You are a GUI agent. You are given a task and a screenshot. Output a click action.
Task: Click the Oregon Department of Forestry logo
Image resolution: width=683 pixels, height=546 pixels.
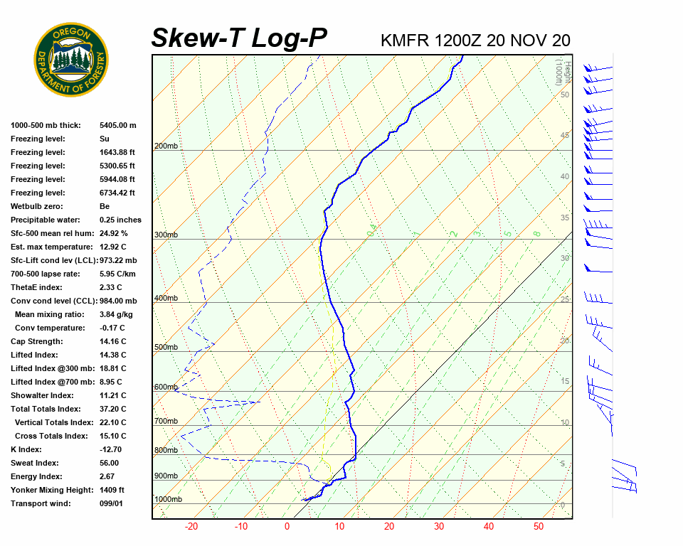pos(71,60)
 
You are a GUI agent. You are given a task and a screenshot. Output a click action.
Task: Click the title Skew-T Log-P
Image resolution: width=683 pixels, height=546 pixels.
pos(239,38)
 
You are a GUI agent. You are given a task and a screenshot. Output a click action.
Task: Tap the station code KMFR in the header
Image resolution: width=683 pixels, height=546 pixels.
pos(405,41)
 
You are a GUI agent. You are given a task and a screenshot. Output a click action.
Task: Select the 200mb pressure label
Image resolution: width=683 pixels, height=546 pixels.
pos(166,146)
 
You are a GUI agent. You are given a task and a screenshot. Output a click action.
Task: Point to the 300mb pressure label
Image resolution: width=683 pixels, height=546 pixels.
pos(166,235)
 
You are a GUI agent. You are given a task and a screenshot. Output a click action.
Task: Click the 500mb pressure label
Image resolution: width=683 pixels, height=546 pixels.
pos(166,348)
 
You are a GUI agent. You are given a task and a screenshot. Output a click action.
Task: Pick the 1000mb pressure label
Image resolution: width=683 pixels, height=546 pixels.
pos(169,499)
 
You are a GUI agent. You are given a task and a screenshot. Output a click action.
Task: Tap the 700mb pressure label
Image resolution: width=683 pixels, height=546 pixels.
pos(166,422)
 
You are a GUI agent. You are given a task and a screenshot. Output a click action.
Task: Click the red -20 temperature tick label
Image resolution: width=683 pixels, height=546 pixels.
pos(191,527)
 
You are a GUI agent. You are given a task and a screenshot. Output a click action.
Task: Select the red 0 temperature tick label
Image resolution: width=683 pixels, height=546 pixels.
pos(287,527)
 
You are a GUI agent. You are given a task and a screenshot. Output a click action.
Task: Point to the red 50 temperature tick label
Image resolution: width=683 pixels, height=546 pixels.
pos(539,527)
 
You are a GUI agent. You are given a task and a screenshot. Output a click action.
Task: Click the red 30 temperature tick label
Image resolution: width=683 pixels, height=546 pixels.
pos(438,527)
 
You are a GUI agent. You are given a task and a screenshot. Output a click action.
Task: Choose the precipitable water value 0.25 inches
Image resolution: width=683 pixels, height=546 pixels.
pos(120,220)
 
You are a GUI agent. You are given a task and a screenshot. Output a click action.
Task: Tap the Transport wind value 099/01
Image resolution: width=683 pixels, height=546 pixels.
pos(111,503)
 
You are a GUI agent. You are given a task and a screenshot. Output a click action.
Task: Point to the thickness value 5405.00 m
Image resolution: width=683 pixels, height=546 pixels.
pos(117,125)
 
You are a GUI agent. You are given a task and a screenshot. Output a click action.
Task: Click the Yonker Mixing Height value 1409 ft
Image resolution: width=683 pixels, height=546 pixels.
pos(112,490)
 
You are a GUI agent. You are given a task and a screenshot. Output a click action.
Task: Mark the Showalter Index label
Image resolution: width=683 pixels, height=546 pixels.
pos(41,395)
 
